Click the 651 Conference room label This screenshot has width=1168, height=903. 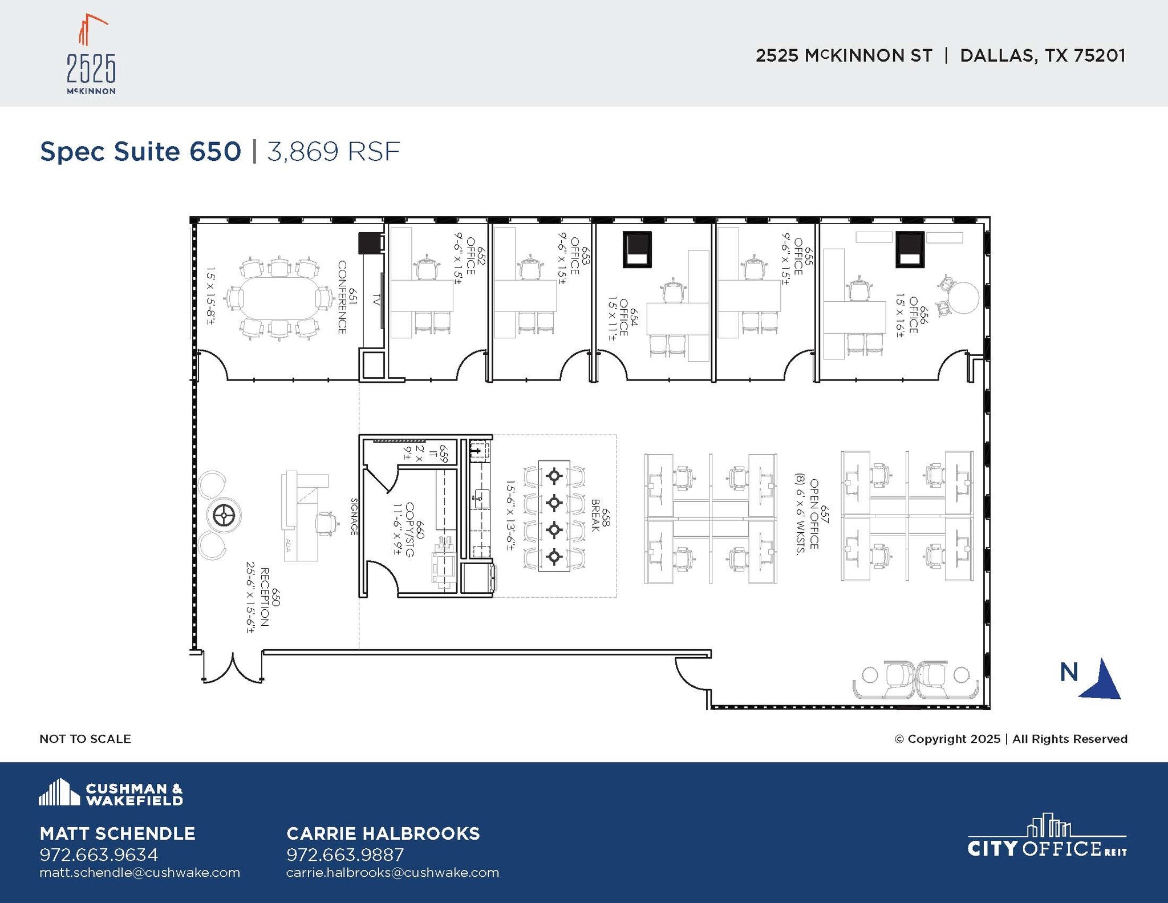point(347,297)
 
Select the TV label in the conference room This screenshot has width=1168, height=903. point(376,299)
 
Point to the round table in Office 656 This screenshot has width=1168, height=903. point(963,298)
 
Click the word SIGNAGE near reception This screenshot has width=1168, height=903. point(354,516)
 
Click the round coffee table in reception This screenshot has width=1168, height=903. point(224,516)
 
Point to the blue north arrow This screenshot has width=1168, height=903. point(1102,680)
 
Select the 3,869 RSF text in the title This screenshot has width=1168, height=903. point(334,152)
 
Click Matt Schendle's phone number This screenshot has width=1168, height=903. point(99,855)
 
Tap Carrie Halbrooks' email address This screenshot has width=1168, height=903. point(392,873)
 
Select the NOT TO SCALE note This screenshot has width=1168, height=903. point(85,739)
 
